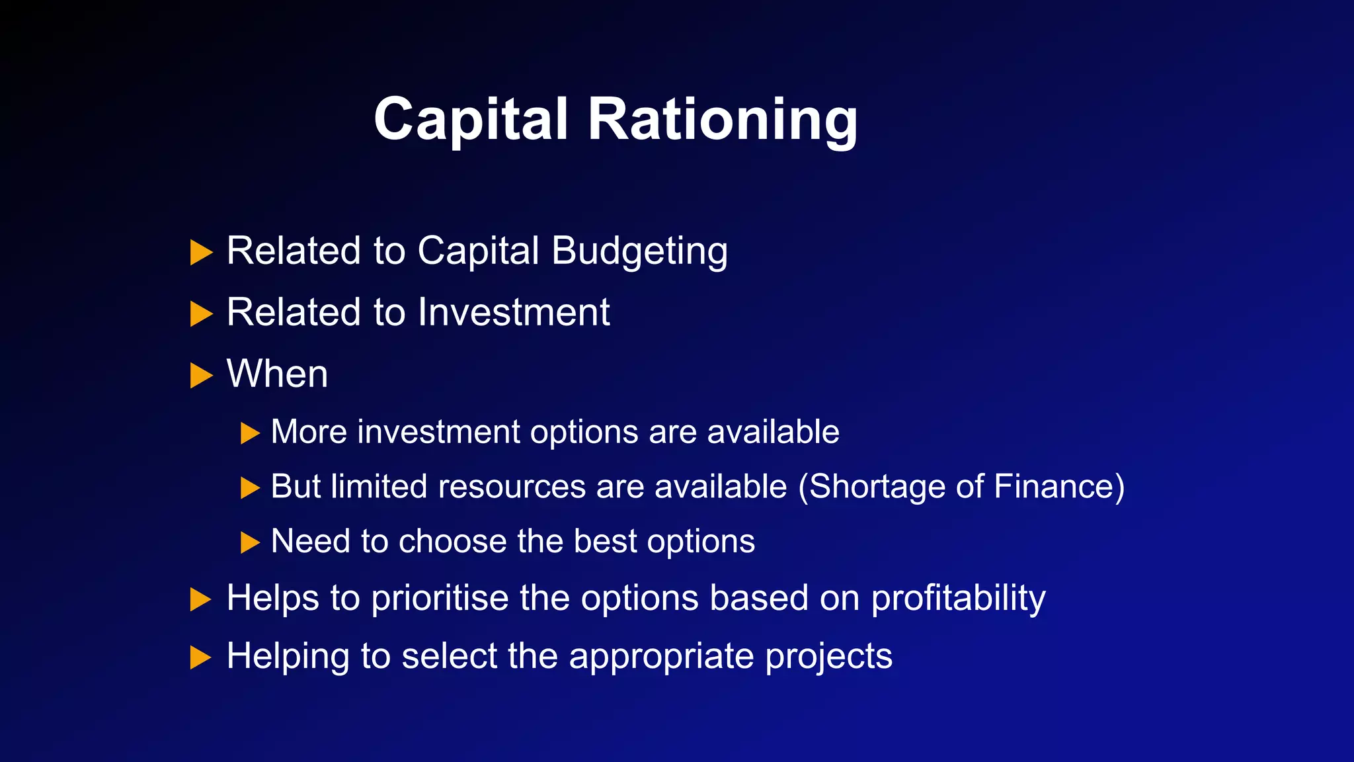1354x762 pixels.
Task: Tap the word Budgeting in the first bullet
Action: (639, 251)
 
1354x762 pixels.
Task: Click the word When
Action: (277, 374)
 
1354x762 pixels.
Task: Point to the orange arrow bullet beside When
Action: (201, 376)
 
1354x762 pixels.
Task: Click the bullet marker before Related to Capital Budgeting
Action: (201, 253)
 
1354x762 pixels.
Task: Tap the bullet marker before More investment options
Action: (250, 434)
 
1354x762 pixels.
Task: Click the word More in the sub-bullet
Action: (309, 432)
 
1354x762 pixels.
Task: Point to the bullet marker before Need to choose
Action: (250, 543)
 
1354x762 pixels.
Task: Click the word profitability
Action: (958, 599)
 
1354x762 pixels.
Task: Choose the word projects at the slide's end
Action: (828, 657)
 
